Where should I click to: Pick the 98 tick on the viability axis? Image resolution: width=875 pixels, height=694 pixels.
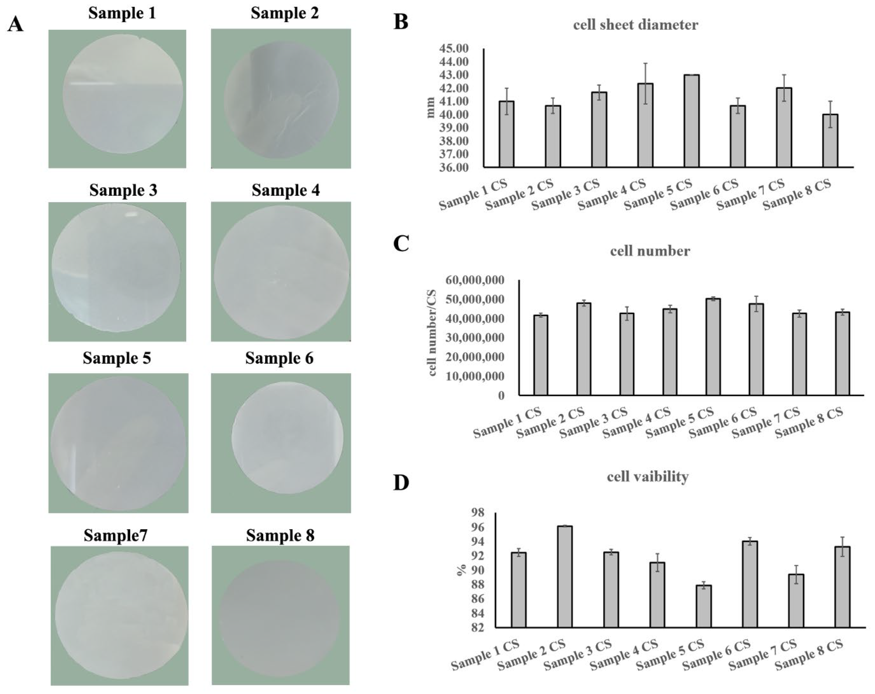click(478, 513)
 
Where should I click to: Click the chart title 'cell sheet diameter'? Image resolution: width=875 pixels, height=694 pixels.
click(636, 25)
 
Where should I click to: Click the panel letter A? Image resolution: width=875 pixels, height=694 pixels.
click(15, 24)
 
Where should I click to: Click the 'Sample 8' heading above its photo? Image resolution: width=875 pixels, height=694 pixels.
click(280, 535)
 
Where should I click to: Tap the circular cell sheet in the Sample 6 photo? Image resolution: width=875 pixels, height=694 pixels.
click(287, 438)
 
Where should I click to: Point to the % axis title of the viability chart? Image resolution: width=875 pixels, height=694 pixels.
click(461, 570)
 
